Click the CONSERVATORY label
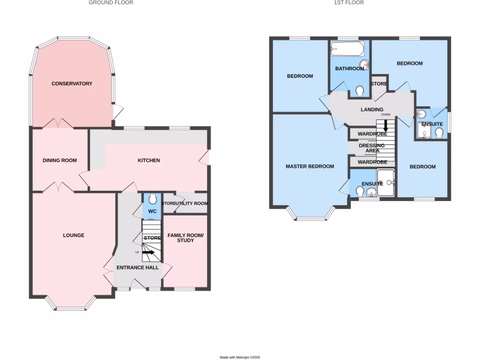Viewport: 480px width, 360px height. tap(72, 83)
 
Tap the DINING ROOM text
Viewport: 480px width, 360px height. tap(60, 160)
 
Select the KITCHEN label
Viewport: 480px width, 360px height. tap(149, 160)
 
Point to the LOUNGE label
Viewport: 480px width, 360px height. tap(74, 235)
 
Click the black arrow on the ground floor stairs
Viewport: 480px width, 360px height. tap(149, 252)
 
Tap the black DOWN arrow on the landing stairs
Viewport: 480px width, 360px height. tap(386, 126)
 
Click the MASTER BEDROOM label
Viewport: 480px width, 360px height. tap(310, 166)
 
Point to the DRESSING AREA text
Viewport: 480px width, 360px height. tap(372, 148)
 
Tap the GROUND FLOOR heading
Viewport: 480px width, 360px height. tap(111, 2)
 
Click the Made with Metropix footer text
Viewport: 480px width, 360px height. tap(240, 357)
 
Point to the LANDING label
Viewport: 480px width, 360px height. tap(372, 110)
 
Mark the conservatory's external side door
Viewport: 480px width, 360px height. tap(119, 112)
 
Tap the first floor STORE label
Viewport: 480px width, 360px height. tap(379, 84)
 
